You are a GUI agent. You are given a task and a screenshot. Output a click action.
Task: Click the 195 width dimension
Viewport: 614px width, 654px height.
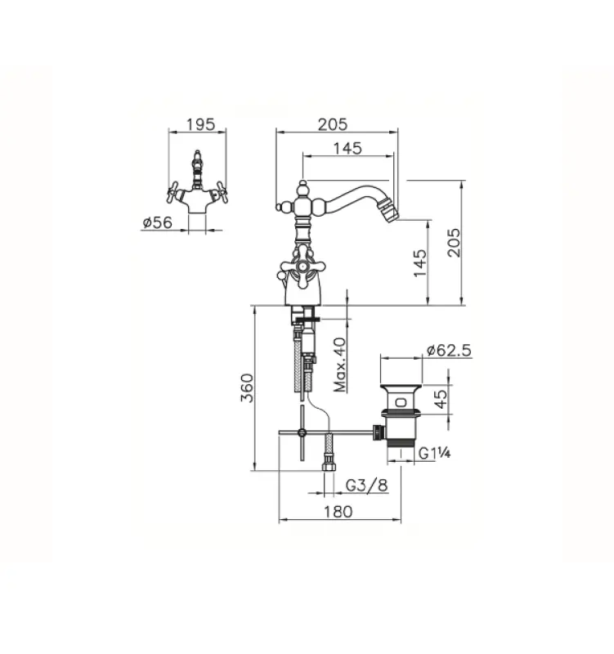[x=200, y=124]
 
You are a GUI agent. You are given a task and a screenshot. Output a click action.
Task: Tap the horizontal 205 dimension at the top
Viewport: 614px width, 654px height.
[x=332, y=124]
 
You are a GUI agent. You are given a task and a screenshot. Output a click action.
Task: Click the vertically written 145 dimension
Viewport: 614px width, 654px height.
[x=420, y=263]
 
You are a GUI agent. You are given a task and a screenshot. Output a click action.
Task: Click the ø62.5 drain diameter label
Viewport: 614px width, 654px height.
[x=448, y=352]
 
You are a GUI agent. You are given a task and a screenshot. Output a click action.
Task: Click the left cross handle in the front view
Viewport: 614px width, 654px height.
[x=173, y=194]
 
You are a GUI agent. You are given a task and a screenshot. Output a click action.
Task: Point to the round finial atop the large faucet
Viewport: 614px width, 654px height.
[x=302, y=189]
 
